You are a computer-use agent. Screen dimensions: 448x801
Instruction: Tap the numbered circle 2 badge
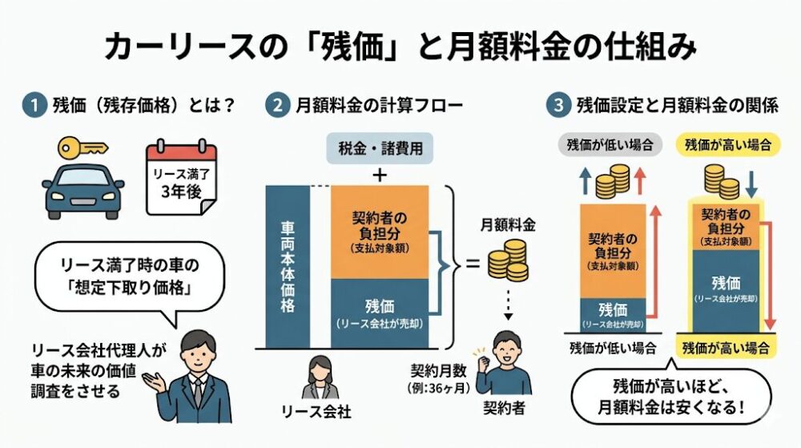(x=276, y=105)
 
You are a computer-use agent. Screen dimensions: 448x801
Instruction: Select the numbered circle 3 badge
(x=557, y=105)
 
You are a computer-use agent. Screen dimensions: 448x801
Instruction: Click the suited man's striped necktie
(x=196, y=392)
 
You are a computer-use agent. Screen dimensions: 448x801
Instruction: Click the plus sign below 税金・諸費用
(x=380, y=173)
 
